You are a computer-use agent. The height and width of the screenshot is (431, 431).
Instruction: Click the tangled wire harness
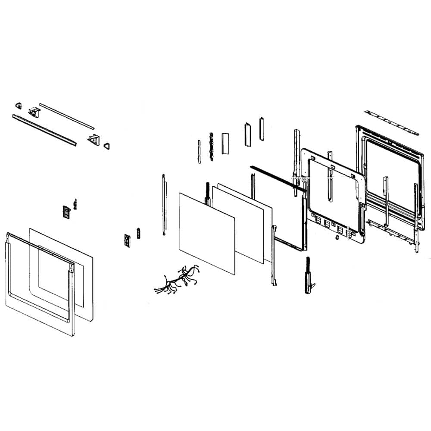point(177,280)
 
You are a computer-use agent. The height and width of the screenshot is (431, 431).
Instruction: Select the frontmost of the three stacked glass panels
point(207,233)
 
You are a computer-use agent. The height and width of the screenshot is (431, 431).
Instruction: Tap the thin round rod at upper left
point(66,116)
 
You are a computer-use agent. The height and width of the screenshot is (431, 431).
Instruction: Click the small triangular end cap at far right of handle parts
point(106,146)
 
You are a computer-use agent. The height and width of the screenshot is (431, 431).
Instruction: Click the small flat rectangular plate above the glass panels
point(225,143)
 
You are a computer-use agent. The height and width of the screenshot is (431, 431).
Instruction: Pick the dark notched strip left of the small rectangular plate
point(211,147)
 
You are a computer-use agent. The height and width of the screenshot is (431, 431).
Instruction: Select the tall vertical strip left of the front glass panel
point(164,205)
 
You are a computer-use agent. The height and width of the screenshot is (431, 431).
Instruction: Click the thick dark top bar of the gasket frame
point(278,177)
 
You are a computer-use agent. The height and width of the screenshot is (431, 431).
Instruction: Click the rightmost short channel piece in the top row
point(261,128)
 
